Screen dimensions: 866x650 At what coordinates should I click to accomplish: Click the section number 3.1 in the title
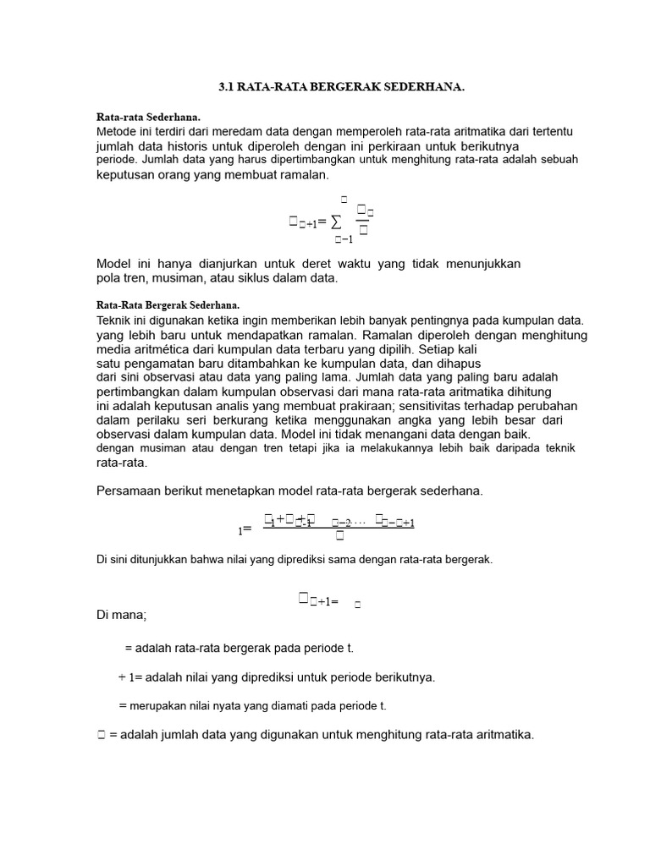point(226,86)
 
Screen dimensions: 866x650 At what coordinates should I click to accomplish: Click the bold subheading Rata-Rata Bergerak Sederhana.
point(168,305)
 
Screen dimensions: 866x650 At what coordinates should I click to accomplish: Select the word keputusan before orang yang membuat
point(127,174)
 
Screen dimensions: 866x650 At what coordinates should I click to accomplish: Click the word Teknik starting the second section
point(115,321)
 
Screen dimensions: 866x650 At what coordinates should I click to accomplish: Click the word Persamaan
point(131,491)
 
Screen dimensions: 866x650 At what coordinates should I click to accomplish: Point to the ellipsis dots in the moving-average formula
point(360,523)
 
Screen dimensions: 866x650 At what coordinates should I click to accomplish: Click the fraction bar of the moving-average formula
point(339,527)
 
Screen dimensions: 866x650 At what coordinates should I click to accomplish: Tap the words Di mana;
point(122,615)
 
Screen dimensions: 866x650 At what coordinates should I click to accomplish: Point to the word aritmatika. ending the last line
point(504,734)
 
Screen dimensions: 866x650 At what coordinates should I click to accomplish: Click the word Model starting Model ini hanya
point(115,264)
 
